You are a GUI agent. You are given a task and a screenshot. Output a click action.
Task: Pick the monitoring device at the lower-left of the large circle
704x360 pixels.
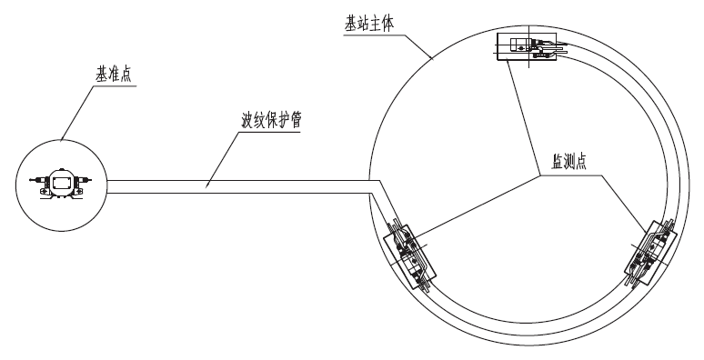(411, 255)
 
